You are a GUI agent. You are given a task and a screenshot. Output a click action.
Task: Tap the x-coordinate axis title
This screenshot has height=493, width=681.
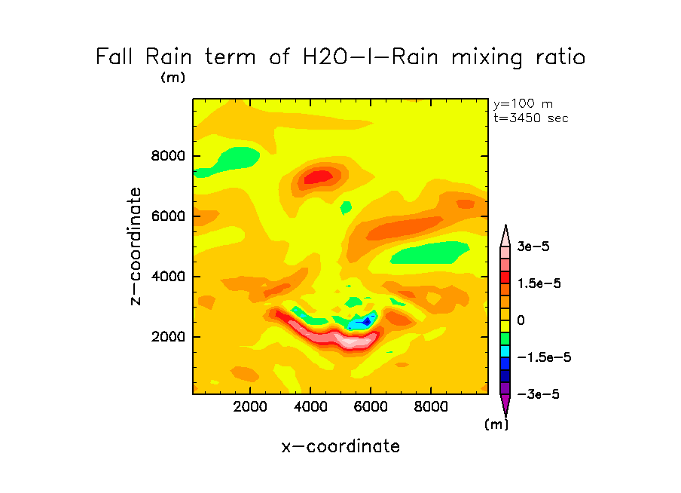point(340,446)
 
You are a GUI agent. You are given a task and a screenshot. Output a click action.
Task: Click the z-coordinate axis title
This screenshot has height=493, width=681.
point(136,246)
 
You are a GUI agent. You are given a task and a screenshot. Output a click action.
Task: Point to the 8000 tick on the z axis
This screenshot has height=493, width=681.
point(167,157)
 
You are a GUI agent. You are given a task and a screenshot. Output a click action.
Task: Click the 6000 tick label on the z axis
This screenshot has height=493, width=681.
point(167,216)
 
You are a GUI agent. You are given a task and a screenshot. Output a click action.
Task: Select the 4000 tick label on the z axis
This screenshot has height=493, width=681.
point(167,277)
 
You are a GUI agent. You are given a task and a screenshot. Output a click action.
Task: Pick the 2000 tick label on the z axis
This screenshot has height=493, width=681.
point(167,337)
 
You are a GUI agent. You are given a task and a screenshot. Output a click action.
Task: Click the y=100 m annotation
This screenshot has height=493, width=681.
point(523,104)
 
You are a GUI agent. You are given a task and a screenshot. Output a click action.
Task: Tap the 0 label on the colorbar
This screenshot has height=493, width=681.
point(521,320)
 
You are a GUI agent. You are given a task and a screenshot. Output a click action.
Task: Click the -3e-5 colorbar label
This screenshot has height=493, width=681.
point(539,394)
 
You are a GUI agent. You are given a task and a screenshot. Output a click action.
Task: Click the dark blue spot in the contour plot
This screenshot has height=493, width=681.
point(367,321)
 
